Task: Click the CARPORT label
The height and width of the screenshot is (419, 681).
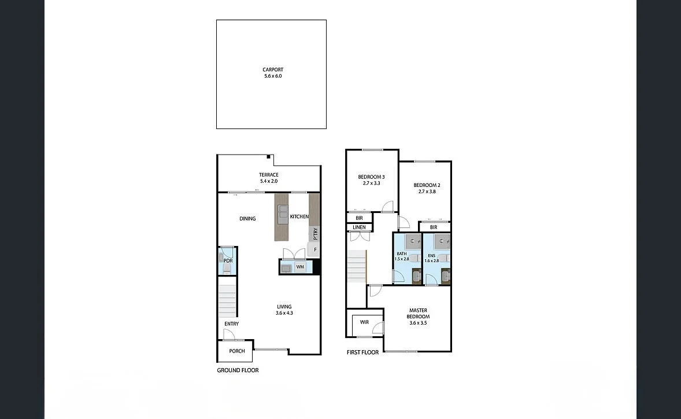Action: [272, 70]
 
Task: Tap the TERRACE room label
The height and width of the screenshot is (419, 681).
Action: [269, 175]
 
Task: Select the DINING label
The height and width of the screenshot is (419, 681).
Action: [247, 219]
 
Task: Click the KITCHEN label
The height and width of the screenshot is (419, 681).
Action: [299, 216]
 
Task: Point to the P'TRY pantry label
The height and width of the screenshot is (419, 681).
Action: [315, 234]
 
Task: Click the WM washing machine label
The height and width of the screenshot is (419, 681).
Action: [300, 267]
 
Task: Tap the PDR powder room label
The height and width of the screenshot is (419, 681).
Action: [228, 261]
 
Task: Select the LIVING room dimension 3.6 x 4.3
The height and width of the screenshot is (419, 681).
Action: [284, 314]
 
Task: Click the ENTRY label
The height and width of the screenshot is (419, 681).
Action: [232, 324]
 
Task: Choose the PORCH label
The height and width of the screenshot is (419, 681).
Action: [237, 351]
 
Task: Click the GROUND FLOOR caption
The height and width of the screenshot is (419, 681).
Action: [238, 370]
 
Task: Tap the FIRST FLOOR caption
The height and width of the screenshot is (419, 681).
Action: [362, 352]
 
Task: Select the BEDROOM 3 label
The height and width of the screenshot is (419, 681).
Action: [371, 177]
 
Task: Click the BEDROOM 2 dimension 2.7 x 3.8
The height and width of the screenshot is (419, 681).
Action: [427, 192]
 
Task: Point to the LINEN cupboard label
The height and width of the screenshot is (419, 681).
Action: [359, 227]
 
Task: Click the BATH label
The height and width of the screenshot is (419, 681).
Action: [401, 254]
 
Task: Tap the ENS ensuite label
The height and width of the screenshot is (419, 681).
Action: [431, 255]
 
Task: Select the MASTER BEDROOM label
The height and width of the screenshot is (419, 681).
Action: [418, 314]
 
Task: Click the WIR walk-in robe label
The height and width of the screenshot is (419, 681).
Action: [364, 322]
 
